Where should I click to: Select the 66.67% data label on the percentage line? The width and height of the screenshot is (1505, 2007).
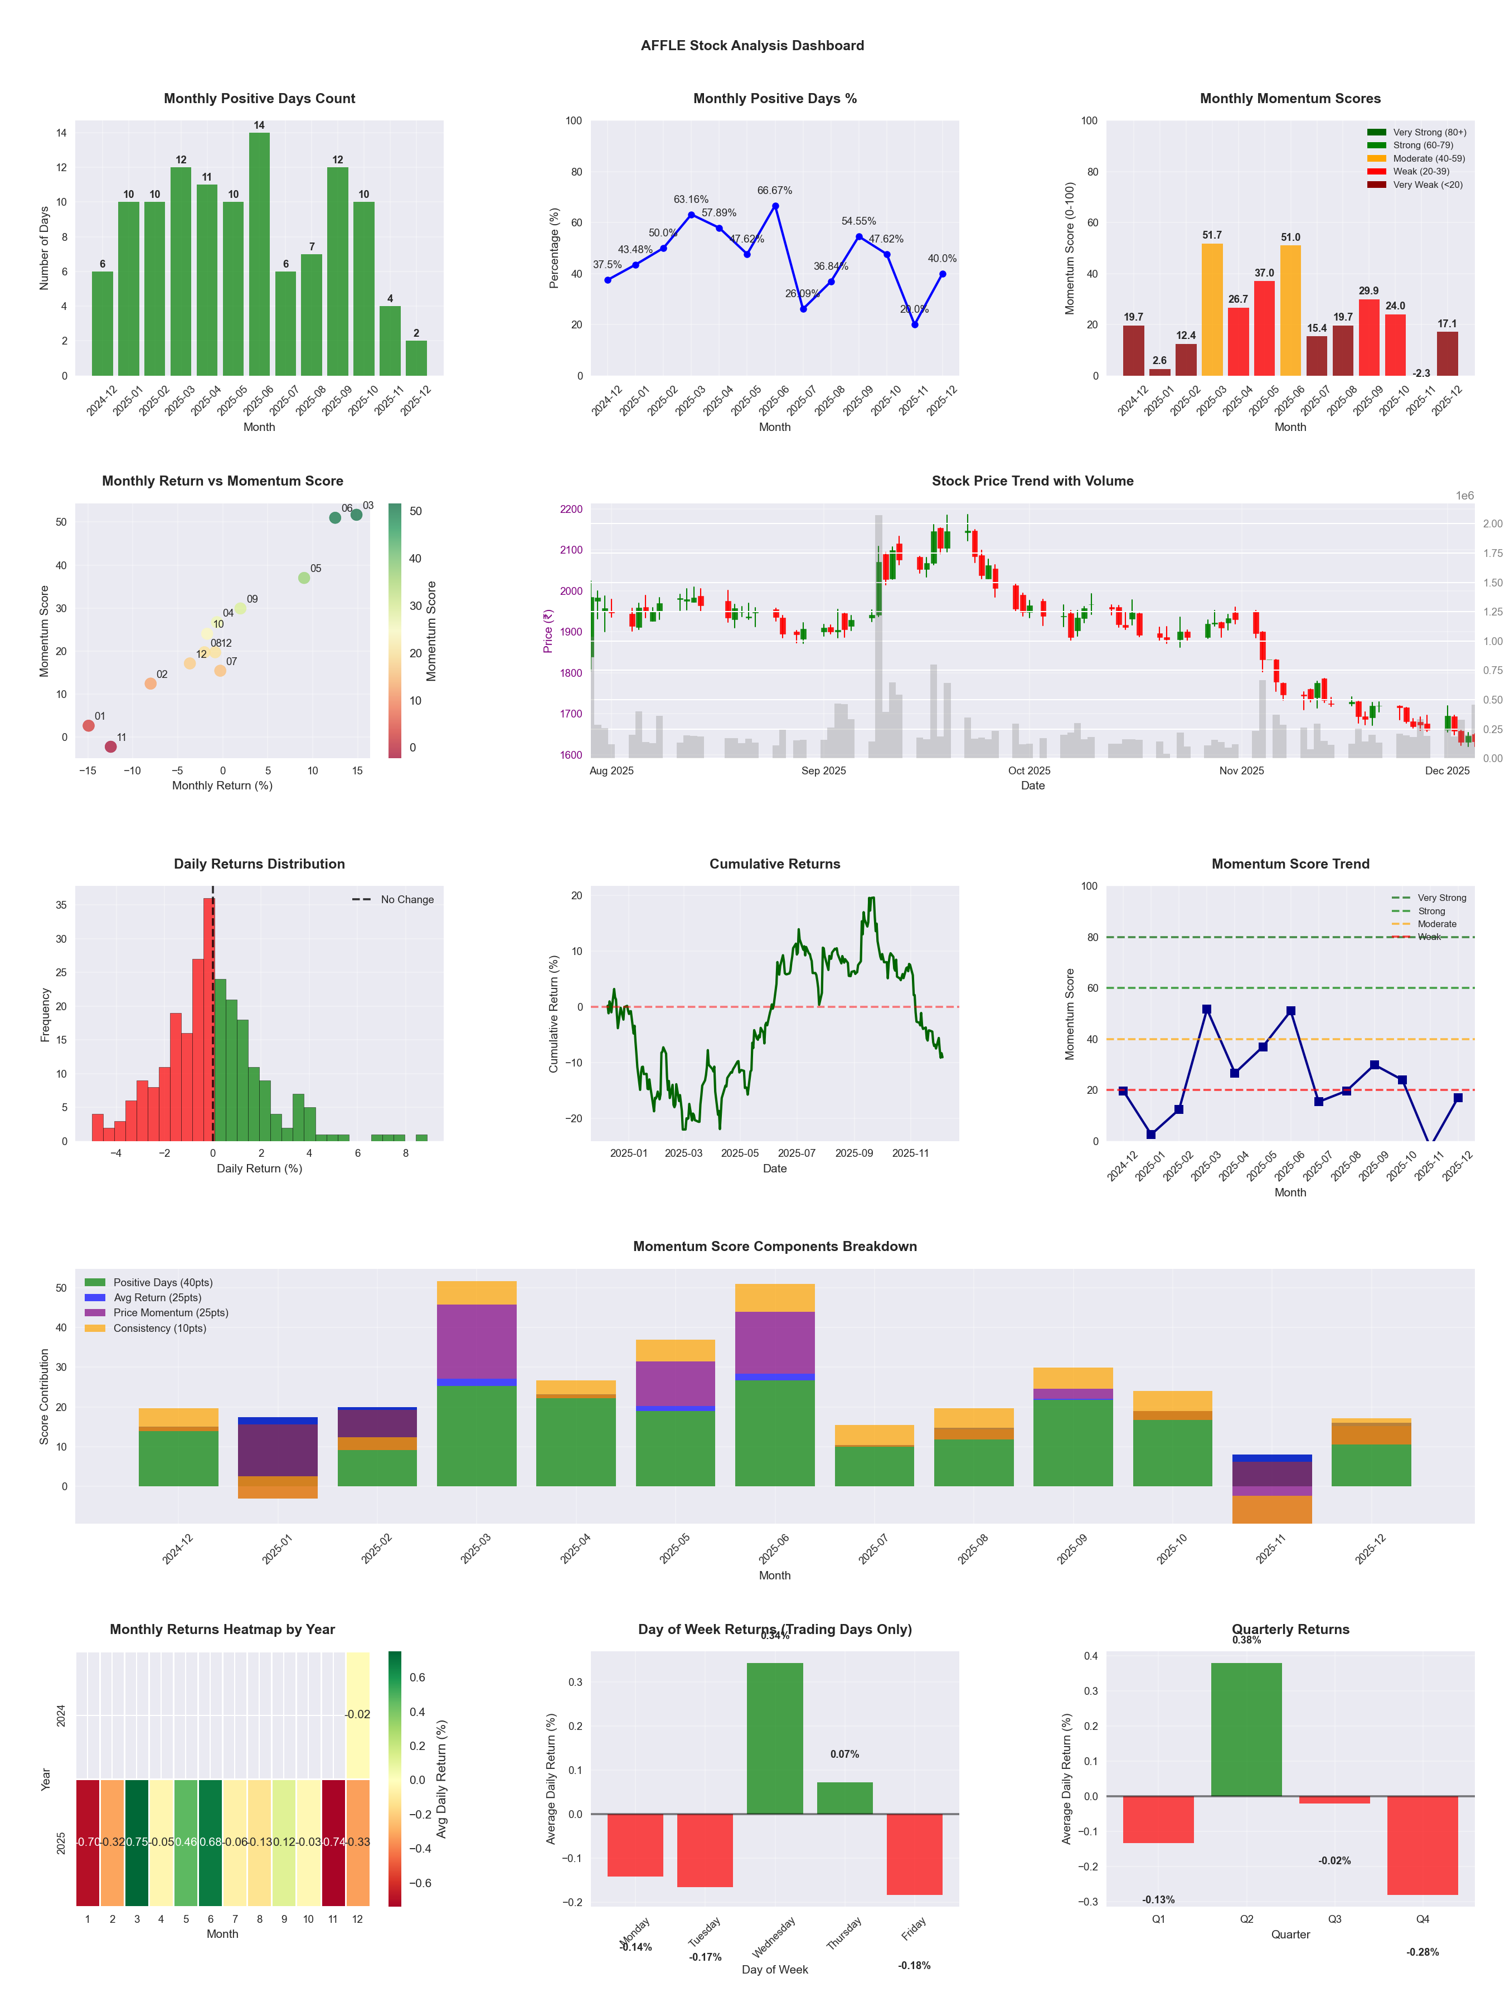coord(775,191)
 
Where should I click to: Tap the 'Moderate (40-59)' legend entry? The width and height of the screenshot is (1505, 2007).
coord(1428,159)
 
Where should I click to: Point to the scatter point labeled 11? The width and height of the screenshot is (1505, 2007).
coord(111,746)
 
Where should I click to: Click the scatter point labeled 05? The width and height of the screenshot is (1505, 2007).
coord(304,578)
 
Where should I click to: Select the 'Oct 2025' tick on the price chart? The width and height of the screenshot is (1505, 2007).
coord(1029,771)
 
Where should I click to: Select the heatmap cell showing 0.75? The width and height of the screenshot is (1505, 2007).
coord(137,1842)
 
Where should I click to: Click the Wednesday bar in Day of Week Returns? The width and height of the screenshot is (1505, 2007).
coord(775,1738)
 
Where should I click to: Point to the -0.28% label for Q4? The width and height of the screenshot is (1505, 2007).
coord(1423,1952)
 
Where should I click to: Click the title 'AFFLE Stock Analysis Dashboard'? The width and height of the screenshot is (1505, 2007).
coord(752,45)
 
